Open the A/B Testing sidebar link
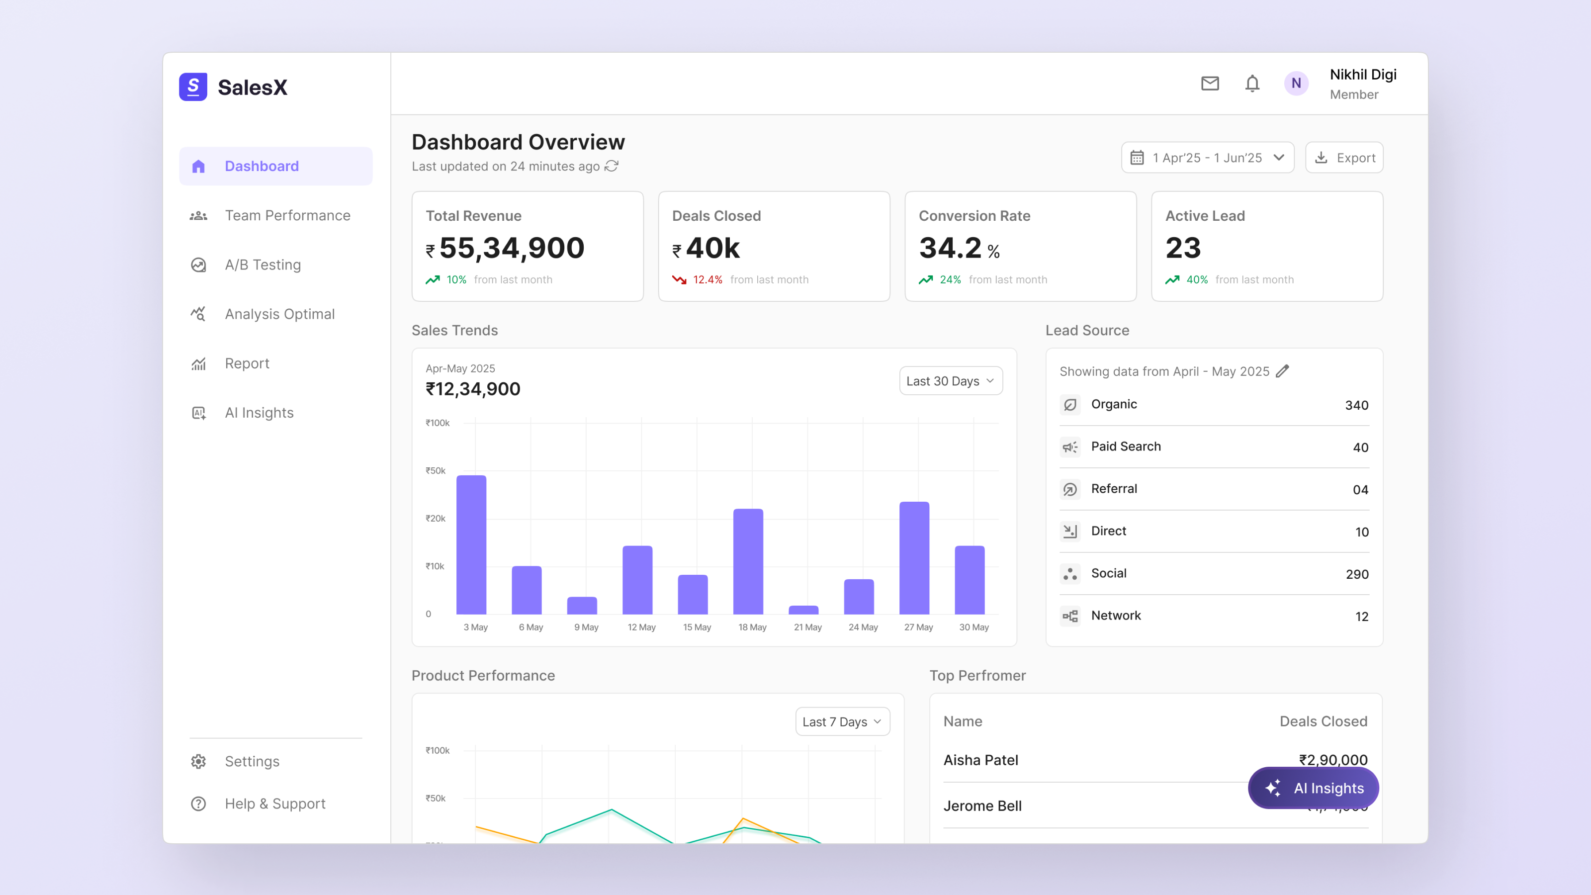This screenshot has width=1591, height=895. click(263, 265)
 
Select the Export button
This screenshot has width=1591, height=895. click(1344, 158)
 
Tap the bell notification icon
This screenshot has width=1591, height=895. click(1252, 84)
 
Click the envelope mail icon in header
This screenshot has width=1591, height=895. click(1209, 84)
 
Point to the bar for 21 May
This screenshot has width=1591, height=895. click(803, 610)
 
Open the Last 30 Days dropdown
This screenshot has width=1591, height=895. click(950, 381)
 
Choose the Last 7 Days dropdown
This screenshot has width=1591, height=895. click(842, 721)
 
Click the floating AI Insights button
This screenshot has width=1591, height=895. click(1313, 788)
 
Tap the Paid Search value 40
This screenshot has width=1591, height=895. click(1360, 447)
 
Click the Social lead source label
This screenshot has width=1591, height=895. click(1109, 573)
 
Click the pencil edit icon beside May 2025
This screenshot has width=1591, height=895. click(1282, 371)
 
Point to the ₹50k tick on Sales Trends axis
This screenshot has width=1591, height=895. click(436, 471)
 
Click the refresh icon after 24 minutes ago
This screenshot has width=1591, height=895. click(612, 166)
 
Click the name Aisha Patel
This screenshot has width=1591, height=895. click(980, 760)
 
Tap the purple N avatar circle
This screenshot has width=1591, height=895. click(1296, 84)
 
